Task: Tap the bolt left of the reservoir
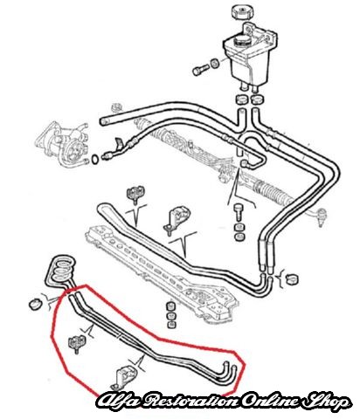click(x=200, y=70)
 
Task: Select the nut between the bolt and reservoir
click(x=215, y=63)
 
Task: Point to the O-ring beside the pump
click(x=95, y=160)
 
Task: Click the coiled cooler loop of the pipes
click(x=62, y=270)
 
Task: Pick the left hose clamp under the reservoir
click(x=241, y=100)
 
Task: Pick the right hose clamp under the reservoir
click(x=257, y=100)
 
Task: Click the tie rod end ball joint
click(x=321, y=216)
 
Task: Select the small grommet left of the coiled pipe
click(x=34, y=304)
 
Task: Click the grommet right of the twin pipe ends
click(x=291, y=279)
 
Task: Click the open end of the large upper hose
click(x=102, y=121)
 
